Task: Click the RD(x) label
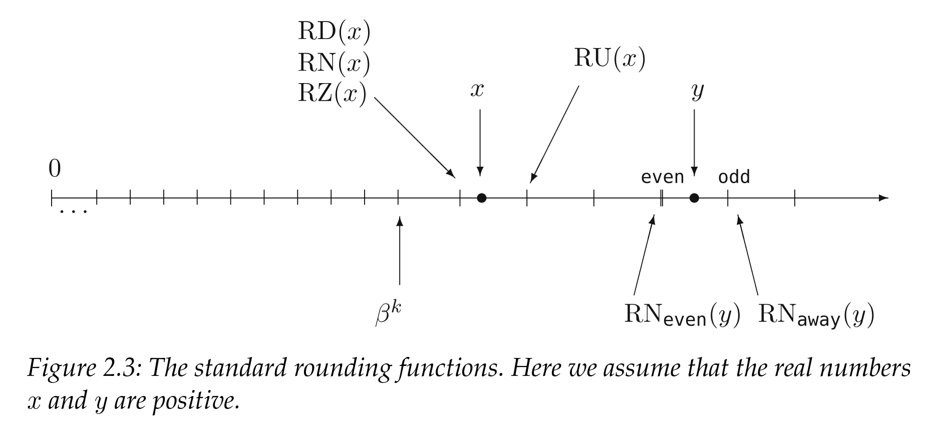(334, 32)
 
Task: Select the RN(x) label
(334, 63)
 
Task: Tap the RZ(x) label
(332, 94)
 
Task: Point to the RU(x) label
(609, 59)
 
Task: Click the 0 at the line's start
(55, 169)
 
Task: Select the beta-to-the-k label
(389, 314)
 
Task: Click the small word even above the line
(662, 177)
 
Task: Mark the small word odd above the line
(734, 177)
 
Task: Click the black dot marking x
(481, 198)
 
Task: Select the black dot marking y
(694, 198)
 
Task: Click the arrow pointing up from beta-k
(399, 250)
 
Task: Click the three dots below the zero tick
(73, 212)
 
